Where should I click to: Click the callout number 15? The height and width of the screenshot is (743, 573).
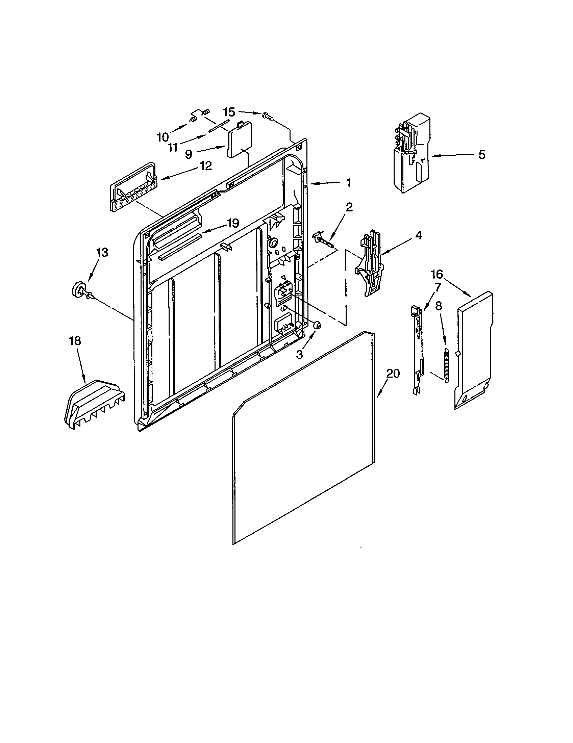coord(229,112)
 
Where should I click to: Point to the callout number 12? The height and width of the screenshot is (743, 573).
coord(206,166)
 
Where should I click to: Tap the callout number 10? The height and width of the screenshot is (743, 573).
coord(163,137)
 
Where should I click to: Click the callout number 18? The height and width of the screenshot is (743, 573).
coord(75,340)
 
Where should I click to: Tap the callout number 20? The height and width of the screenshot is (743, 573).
coord(393,374)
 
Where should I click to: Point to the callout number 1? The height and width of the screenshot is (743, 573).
coord(348,183)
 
